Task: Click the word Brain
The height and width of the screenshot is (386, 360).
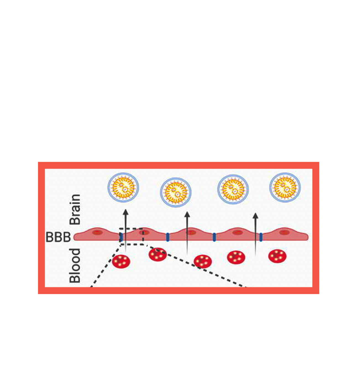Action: pos(75,209)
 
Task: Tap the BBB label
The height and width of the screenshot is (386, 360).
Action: pos(58,237)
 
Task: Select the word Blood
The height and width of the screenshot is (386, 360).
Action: pos(75,265)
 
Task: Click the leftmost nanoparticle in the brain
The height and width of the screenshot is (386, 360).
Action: pos(123,187)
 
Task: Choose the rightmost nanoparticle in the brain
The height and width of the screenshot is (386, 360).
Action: pos(285,187)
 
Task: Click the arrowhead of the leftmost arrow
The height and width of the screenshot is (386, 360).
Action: pos(126,212)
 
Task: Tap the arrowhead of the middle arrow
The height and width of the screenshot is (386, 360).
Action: pos(187,215)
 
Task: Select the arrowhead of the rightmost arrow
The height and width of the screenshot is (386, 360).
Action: pos(256,216)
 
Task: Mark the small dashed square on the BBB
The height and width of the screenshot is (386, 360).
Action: pos(132,236)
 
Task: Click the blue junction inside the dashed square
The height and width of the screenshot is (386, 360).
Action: pos(121,237)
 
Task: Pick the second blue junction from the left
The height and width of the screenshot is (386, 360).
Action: pos(168,237)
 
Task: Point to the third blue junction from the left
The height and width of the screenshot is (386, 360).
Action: pos(214,237)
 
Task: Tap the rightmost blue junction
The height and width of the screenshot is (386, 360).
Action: pos(261,237)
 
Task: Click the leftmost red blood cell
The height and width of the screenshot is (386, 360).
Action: pos(121,261)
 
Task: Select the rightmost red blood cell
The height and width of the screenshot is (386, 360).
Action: pos(277,256)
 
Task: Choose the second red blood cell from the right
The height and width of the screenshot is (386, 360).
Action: pos(236,257)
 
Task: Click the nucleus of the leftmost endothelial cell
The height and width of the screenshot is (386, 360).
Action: pos(97,233)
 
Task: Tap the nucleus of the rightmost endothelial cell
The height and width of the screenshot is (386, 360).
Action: pos(284,233)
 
